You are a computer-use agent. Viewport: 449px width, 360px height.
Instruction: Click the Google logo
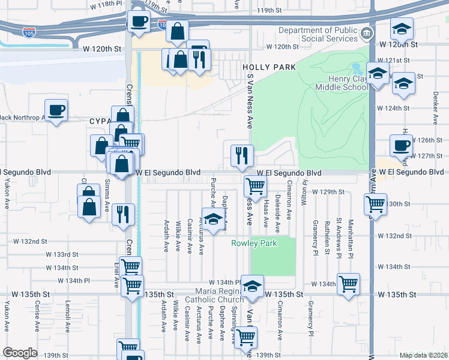coord(20,353)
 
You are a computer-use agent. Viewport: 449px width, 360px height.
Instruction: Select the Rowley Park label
coord(255,243)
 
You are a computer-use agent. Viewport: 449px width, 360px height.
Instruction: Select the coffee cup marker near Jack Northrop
coord(56,110)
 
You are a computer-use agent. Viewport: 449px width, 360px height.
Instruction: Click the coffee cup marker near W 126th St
coord(400,145)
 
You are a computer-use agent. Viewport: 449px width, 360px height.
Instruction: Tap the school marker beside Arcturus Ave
coord(212,220)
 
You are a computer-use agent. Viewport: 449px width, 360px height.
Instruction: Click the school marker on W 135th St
coord(253,287)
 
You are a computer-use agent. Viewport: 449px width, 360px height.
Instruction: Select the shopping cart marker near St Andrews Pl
coord(348,283)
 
